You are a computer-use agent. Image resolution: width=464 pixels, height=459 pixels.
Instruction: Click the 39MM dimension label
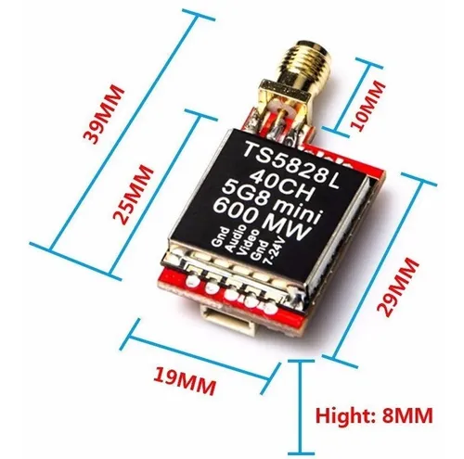106,113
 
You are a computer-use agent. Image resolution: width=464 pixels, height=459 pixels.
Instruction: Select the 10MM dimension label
369,104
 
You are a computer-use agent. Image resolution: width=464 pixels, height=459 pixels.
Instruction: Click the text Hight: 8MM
373,416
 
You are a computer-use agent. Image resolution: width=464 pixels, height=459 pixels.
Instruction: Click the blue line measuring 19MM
199,349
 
